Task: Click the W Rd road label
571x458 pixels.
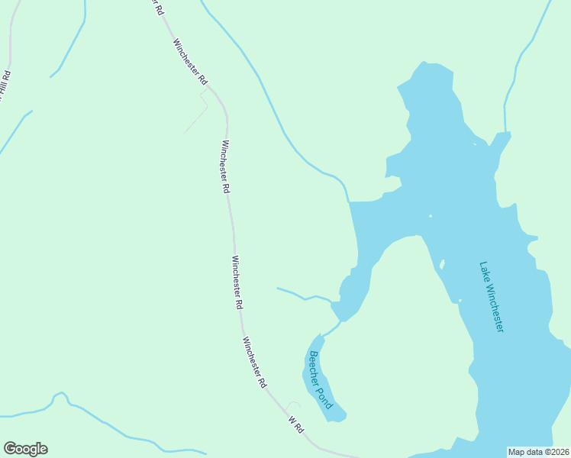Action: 296,425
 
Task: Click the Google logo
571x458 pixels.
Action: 25,449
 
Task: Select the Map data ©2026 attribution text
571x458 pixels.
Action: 539,451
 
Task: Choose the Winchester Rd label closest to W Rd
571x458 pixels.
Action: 255,360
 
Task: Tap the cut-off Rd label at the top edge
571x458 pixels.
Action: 157,7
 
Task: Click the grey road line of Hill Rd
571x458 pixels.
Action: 11,38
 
